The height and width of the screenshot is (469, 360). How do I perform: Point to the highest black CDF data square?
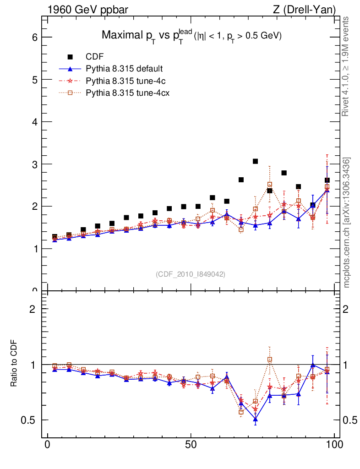[x=256, y=161]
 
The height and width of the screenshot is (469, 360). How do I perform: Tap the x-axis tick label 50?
[x=191, y=445]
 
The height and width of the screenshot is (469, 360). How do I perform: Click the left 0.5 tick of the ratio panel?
[x=30, y=420]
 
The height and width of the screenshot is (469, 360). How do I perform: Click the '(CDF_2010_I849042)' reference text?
[x=191, y=274]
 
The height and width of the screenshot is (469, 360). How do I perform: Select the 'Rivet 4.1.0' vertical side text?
[x=346, y=66]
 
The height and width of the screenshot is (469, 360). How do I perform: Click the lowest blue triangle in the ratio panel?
[x=256, y=419]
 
